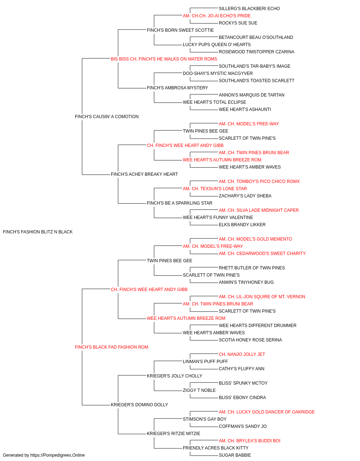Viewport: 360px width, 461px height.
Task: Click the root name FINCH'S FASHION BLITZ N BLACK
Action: pos(38,232)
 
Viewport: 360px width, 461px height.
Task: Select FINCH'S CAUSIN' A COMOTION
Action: pos(107,116)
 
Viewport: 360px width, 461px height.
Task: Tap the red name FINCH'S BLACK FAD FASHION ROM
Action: pos(112,347)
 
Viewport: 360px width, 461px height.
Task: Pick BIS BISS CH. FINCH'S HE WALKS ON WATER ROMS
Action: pos(164,59)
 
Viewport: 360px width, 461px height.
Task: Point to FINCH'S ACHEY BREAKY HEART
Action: pos(144,174)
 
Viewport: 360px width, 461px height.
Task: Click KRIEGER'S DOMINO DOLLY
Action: pos(139,404)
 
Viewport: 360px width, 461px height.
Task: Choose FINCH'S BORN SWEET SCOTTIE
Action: pos(180,30)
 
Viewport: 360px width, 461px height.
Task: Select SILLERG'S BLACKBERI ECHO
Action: pos(249,9)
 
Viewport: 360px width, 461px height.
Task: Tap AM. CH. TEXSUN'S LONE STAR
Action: pos(215,189)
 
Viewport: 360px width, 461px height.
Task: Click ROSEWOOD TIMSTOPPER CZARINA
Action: pos(257,52)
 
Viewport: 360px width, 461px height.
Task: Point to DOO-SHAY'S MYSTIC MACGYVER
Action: pos(218,73)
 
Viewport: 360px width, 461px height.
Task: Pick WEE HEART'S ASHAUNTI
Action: pos(245,109)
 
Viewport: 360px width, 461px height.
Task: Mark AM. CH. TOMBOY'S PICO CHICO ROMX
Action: pos(259,182)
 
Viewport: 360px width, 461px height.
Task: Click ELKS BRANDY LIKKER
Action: pos(242,225)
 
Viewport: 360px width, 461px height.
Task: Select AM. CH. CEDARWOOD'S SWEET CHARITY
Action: pos(262,253)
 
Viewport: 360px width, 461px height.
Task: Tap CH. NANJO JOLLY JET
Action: pos(242,354)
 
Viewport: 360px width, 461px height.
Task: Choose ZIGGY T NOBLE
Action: pos(199,390)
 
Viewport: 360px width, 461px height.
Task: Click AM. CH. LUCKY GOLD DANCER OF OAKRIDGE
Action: pos(267,412)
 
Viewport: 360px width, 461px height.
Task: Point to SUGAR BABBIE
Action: pos(235,455)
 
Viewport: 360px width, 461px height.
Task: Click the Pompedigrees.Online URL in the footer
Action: pos(58,455)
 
